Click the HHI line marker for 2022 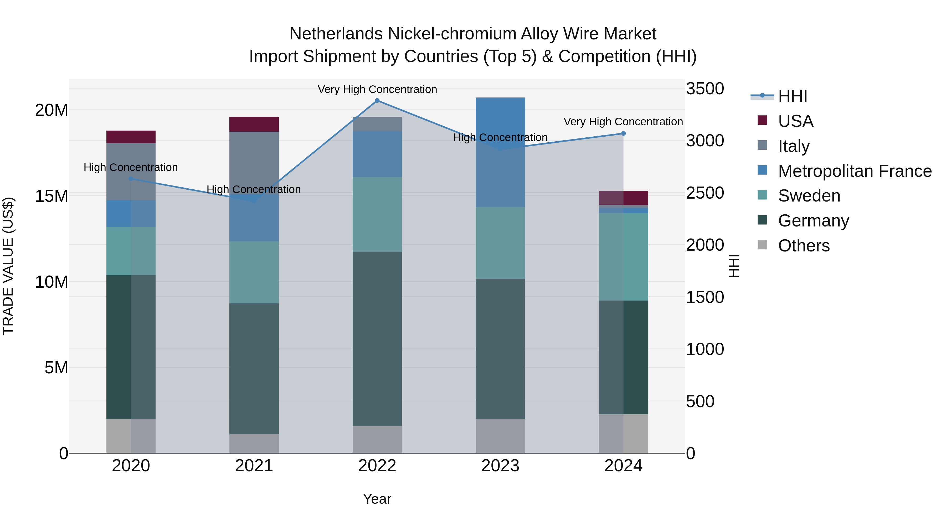(377, 101)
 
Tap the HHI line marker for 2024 (623, 134)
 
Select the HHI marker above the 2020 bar (131, 179)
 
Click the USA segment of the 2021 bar (254, 124)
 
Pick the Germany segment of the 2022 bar (377, 339)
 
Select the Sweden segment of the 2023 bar (500, 243)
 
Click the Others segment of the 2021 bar (254, 443)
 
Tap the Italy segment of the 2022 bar (377, 124)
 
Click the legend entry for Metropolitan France (855, 171)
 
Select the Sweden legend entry (809, 196)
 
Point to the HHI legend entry (793, 96)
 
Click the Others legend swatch (762, 245)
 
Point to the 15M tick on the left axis (52, 196)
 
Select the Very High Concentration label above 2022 (377, 89)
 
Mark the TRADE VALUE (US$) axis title (8, 266)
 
